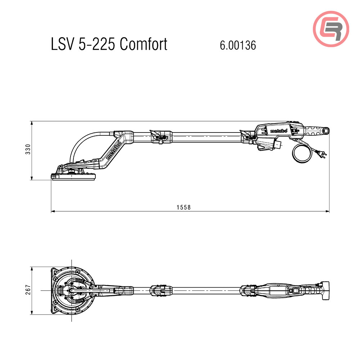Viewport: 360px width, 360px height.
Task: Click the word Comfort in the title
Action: (143, 44)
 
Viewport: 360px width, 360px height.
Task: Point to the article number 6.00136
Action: (238, 45)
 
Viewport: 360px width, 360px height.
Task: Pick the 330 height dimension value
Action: (28, 149)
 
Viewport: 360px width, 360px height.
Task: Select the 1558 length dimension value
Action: (183, 207)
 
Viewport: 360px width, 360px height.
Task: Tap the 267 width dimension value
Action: (28, 290)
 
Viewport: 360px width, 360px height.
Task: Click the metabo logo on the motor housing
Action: (278, 131)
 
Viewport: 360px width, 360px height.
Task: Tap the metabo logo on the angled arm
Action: (114, 150)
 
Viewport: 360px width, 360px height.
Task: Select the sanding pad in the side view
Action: (74, 176)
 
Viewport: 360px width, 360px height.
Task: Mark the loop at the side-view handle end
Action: (326, 131)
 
